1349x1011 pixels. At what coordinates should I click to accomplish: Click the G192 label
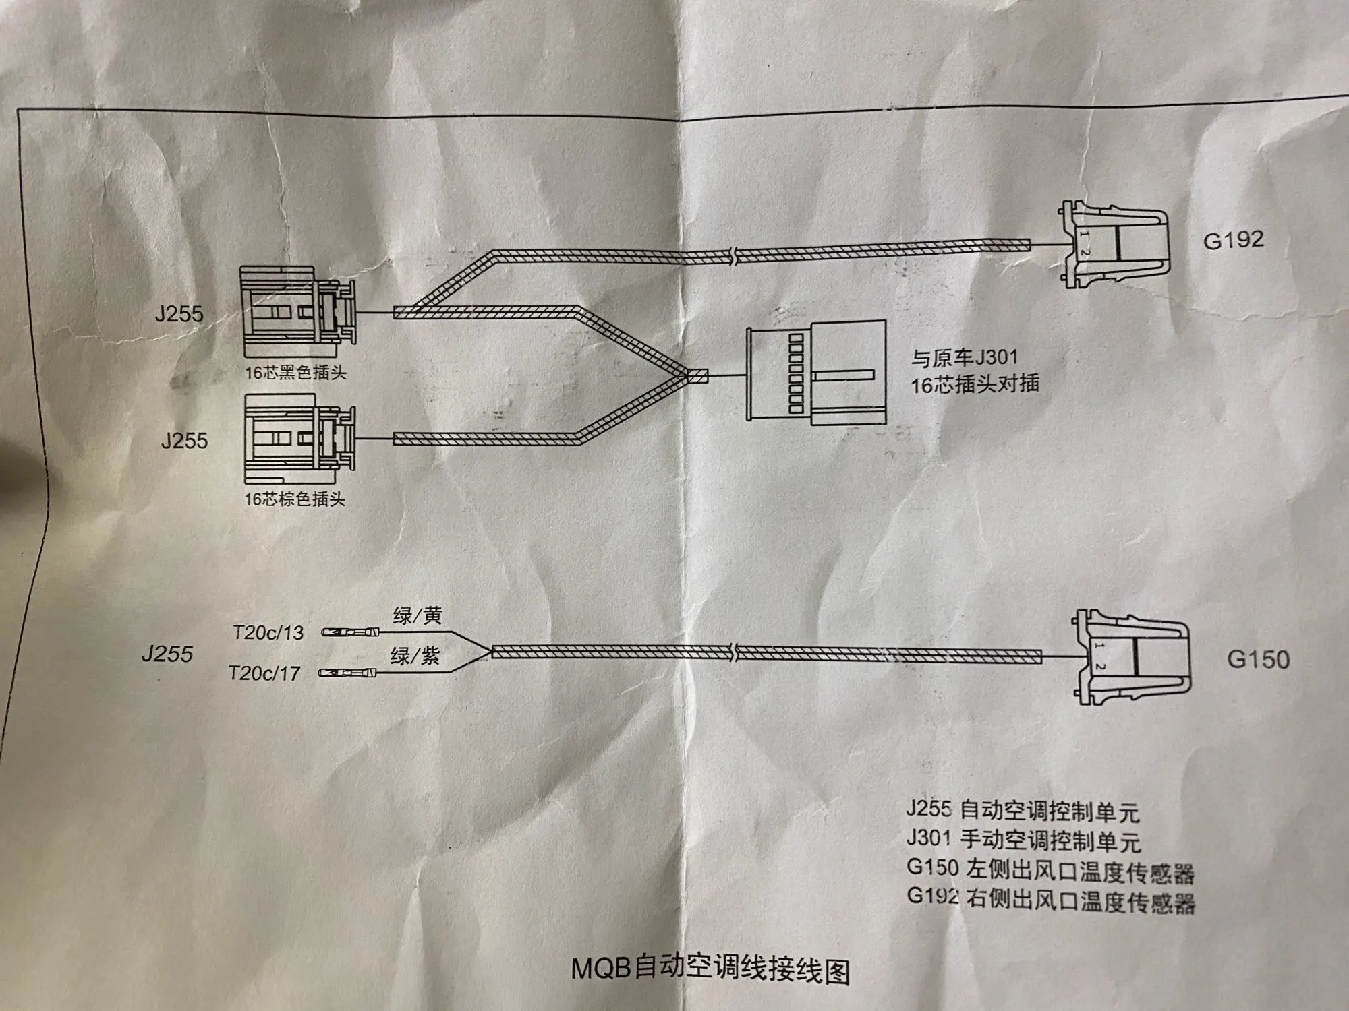(1233, 240)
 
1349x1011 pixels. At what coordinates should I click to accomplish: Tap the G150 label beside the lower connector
(1258, 658)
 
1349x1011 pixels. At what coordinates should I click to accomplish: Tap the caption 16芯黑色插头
(295, 373)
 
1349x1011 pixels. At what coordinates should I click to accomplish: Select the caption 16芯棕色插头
(295, 499)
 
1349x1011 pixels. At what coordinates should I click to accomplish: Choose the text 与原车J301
(965, 358)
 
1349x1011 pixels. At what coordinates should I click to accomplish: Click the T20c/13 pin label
(268, 633)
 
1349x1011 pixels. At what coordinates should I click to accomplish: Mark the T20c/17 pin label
(264, 673)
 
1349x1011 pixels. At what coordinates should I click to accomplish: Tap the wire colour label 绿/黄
(417, 615)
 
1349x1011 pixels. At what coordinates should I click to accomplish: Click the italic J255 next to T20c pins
(167, 654)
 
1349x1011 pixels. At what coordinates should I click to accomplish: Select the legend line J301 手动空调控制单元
(1023, 840)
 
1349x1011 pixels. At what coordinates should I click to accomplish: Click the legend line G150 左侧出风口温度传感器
(1050, 870)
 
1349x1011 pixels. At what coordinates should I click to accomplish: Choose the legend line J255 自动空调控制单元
(1023, 810)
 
